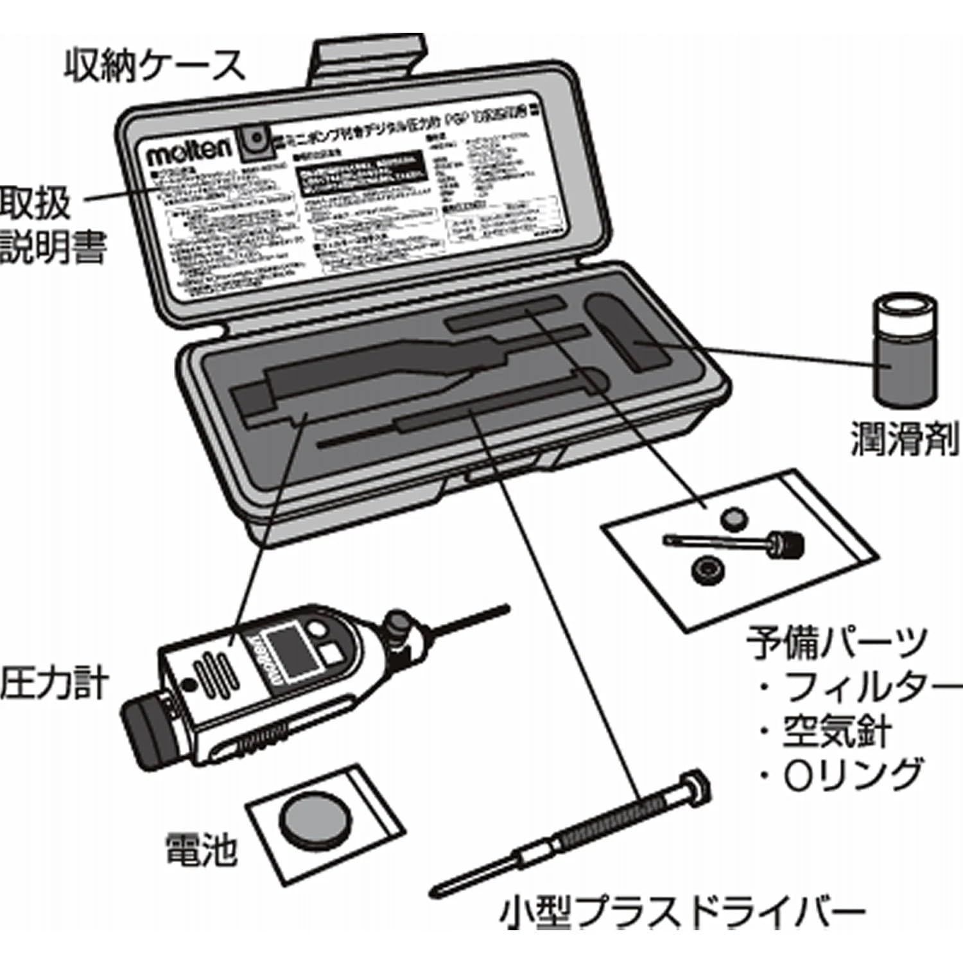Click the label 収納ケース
(x=154, y=66)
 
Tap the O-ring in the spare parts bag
(x=707, y=569)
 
